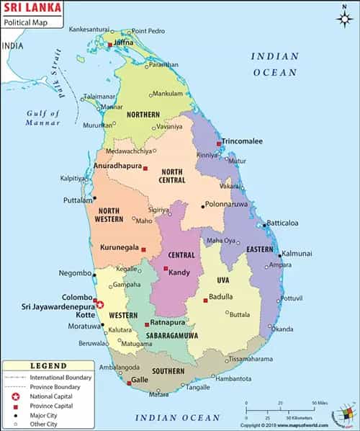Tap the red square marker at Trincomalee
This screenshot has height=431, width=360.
point(219,144)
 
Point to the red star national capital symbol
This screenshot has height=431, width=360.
point(101,305)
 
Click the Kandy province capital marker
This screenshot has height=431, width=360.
point(166,271)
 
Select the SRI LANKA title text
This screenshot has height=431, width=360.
point(28,9)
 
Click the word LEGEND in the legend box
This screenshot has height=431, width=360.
point(48,366)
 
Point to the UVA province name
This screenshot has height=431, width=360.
point(222,280)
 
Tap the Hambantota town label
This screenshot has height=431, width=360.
point(233,378)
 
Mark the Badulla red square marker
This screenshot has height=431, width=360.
point(205,299)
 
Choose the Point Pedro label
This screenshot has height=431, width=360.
point(149,31)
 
